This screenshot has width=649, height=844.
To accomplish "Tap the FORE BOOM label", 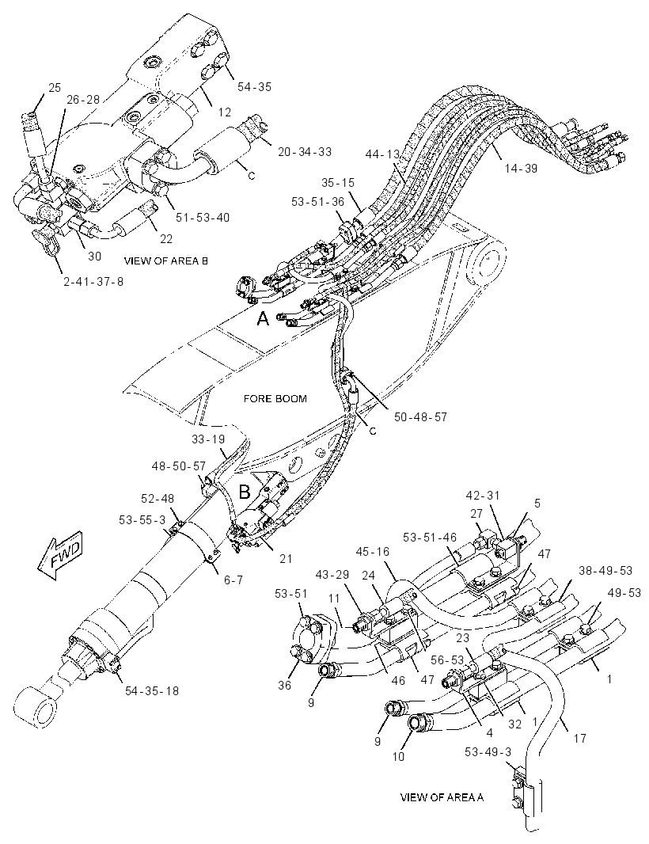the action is (x=275, y=399).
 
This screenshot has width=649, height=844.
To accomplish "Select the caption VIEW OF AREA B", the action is (x=165, y=261).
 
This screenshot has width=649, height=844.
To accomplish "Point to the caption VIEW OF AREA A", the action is (x=442, y=797).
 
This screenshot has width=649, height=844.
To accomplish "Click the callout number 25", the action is (x=55, y=88).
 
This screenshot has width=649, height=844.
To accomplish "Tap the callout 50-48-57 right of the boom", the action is (x=420, y=416).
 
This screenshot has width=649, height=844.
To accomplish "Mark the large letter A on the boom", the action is (x=263, y=318).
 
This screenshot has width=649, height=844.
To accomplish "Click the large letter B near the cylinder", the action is (x=245, y=492).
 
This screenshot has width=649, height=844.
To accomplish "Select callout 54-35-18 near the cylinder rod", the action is (x=151, y=690).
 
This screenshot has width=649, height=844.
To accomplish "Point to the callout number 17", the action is (x=579, y=739).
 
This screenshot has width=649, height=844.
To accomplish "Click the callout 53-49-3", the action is (x=488, y=752).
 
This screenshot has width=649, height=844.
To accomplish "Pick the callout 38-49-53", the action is (x=605, y=570).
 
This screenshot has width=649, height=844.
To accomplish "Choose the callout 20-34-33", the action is (x=305, y=152).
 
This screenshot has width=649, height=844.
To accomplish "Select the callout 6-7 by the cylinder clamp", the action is (x=233, y=580).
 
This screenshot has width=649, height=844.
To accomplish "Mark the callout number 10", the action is (x=397, y=756).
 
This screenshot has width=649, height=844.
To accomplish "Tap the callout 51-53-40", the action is (x=203, y=218).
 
